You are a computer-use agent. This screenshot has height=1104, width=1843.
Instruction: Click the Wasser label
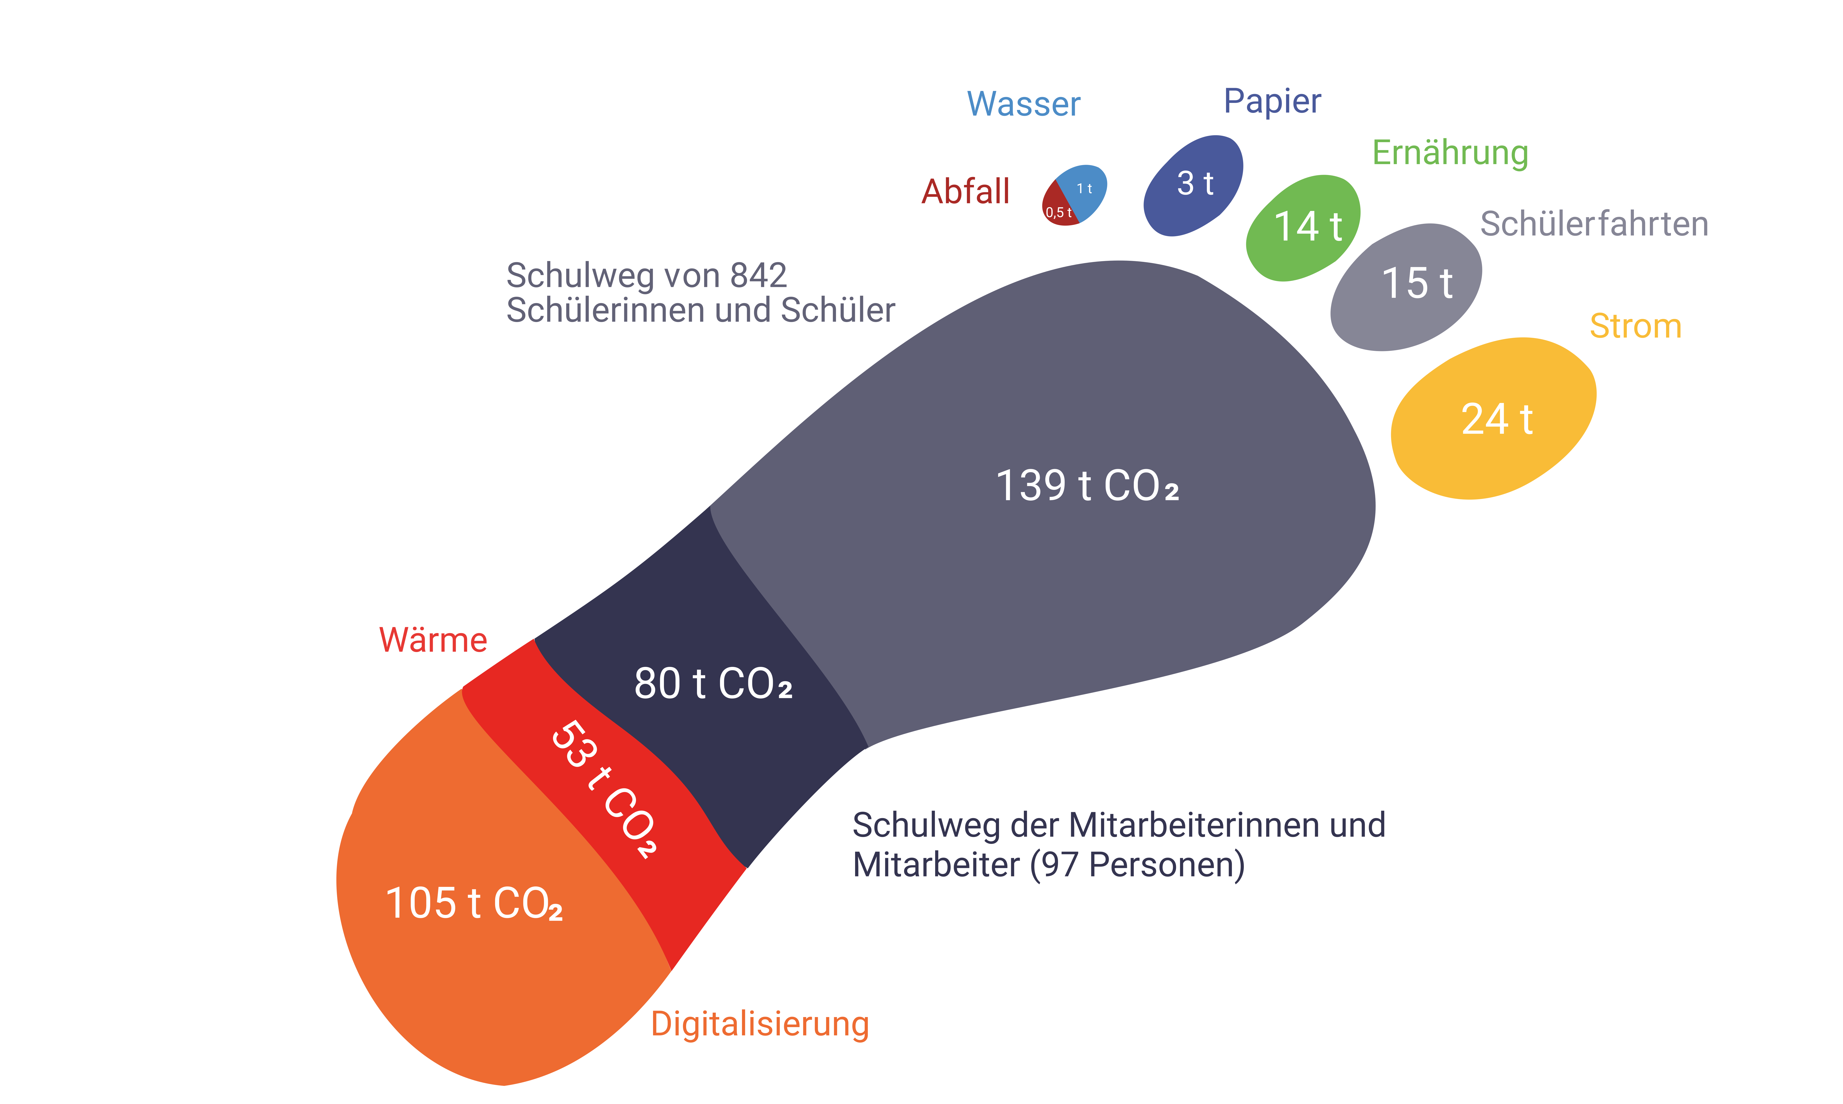click(1023, 104)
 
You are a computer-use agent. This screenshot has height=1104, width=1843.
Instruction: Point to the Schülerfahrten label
click(1594, 224)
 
